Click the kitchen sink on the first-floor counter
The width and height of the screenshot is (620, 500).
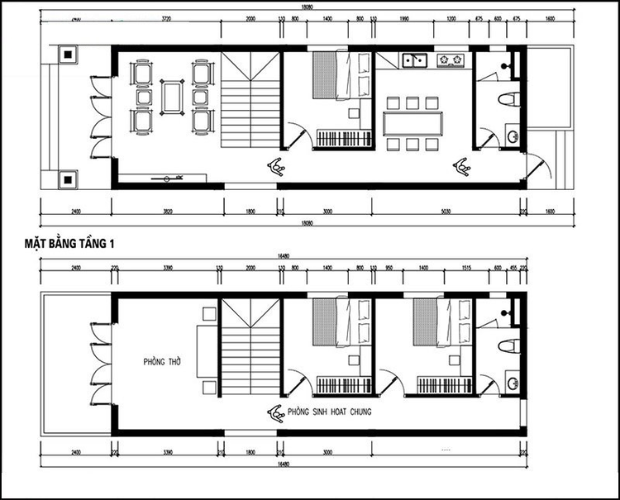pos(413,60)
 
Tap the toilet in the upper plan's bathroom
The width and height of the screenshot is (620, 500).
pos(508,100)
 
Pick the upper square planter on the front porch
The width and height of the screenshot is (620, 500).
pos(66,55)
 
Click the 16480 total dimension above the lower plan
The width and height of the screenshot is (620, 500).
pos(284,257)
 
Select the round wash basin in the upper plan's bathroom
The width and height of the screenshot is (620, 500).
pos(512,136)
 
